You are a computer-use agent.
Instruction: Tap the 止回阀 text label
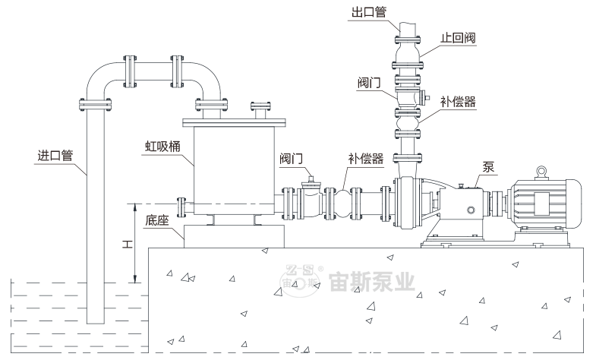coord(459,39)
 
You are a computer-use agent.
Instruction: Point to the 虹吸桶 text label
coord(162,144)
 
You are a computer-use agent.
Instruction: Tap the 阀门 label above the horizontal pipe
coord(291,158)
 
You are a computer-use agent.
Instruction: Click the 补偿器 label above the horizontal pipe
coord(364,158)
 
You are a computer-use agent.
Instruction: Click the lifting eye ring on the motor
coord(542,172)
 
